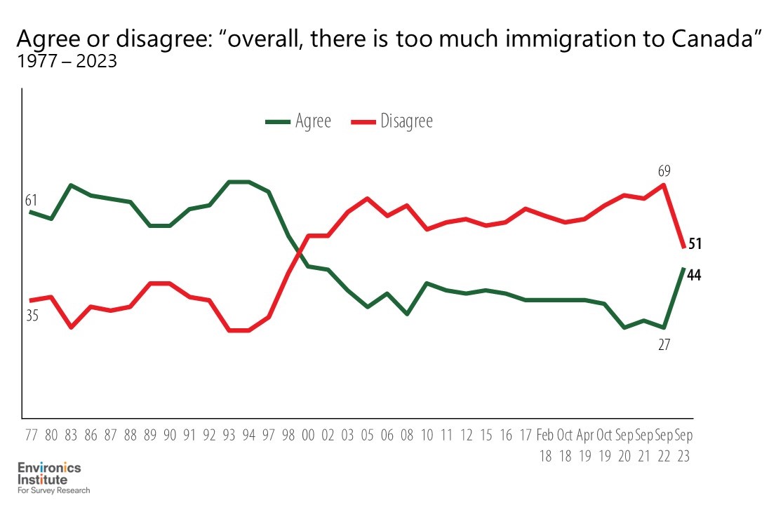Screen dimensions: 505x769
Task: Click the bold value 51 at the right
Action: point(695,244)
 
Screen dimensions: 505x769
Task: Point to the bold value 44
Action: point(695,275)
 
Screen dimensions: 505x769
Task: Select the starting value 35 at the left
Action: point(32,316)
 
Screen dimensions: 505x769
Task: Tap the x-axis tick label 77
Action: point(32,435)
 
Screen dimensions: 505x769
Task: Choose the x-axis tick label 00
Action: point(308,435)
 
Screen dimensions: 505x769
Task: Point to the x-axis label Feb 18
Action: point(546,445)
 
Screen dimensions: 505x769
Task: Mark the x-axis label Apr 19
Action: point(585,445)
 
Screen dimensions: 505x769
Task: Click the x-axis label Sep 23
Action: point(683,445)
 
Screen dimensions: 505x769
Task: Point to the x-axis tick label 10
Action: point(427,435)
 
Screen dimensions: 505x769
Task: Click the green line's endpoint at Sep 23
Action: point(683,269)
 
